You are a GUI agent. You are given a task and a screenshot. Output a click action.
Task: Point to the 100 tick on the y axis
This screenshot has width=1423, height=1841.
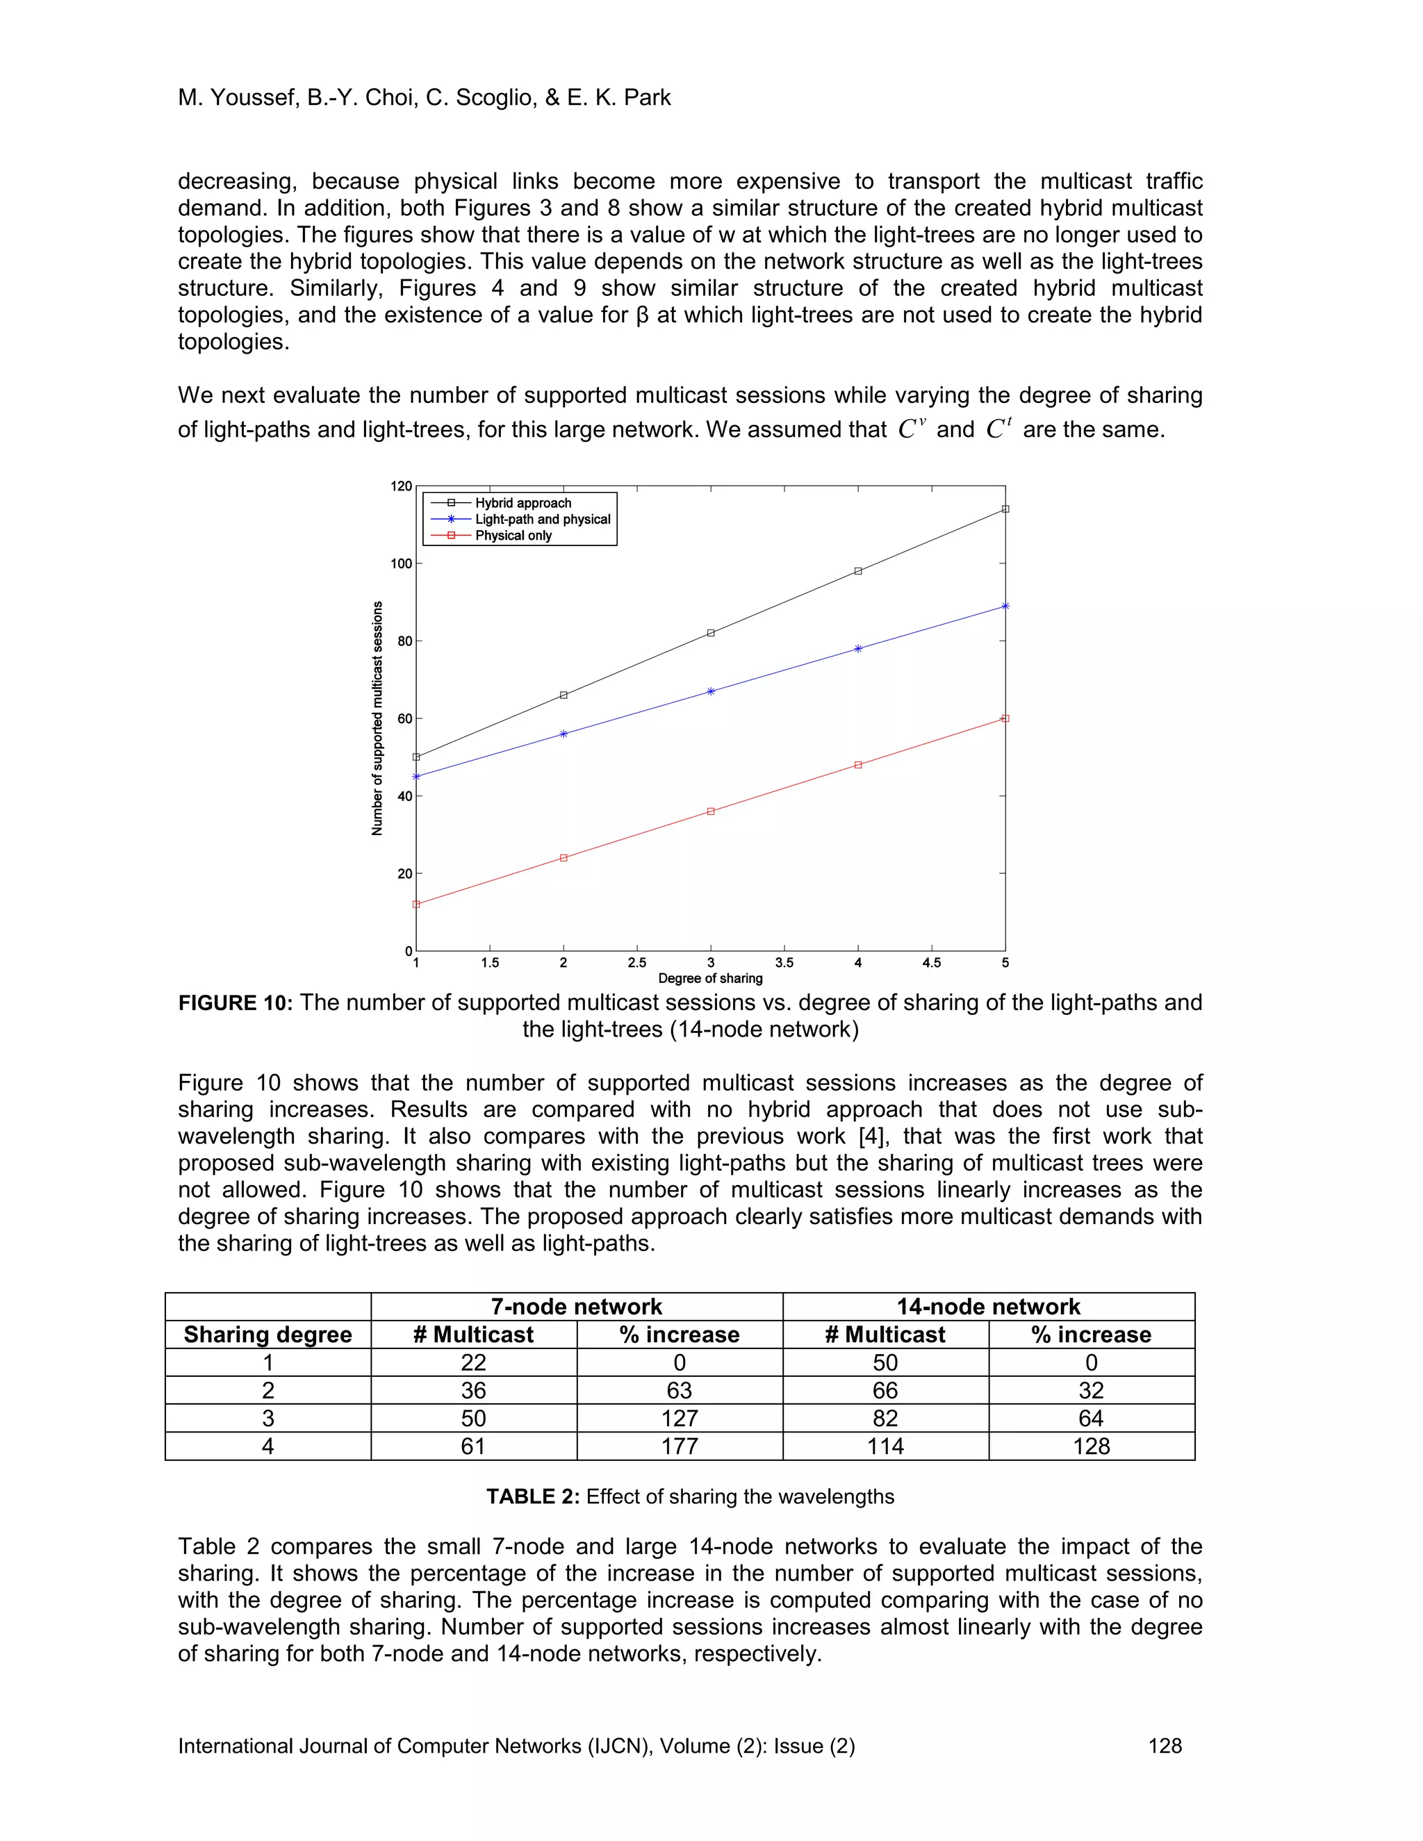click(x=402, y=564)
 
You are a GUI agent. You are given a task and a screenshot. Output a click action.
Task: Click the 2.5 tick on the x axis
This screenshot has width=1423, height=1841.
click(x=637, y=963)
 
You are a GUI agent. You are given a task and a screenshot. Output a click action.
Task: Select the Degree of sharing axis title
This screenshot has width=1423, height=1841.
click(x=710, y=979)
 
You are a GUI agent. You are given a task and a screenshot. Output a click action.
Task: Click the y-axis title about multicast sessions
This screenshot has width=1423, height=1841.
click(x=378, y=718)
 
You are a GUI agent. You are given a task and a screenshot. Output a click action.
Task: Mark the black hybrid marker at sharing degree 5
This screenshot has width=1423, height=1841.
click(x=1005, y=509)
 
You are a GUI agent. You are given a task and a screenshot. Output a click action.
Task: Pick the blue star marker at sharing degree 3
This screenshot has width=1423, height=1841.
click(x=711, y=691)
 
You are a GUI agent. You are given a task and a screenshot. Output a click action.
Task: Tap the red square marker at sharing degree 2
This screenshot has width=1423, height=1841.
click(x=563, y=858)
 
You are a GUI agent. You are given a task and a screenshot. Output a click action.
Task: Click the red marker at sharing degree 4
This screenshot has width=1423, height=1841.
click(x=858, y=766)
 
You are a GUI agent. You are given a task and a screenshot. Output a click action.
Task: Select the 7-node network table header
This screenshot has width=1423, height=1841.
click(x=577, y=1307)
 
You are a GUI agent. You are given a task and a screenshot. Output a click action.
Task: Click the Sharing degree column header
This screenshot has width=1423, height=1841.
click(x=268, y=1335)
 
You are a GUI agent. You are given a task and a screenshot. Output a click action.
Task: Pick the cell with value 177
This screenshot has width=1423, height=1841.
click(x=680, y=1446)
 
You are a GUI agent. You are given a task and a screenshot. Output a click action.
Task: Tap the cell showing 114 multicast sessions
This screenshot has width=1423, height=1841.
click(x=885, y=1446)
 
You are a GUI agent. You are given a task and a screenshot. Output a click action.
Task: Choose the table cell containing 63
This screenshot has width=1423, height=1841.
click(x=680, y=1391)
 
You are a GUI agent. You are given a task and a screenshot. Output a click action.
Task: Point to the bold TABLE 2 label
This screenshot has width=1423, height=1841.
click(x=532, y=1496)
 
